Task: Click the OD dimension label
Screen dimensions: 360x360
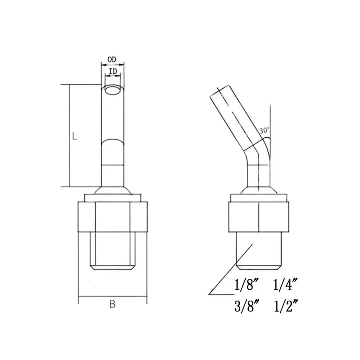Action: pos(112,59)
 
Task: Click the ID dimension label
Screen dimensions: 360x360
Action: pos(113,72)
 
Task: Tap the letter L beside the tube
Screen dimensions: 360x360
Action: pos(74,136)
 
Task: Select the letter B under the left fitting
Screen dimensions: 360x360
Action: pos(112,304)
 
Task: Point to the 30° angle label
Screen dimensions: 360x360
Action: pos(264,130)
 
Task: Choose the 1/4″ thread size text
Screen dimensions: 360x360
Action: pos(285,285)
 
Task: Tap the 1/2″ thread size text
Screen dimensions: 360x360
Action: pos(286,306)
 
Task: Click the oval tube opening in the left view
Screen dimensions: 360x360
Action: pos(112,90)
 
